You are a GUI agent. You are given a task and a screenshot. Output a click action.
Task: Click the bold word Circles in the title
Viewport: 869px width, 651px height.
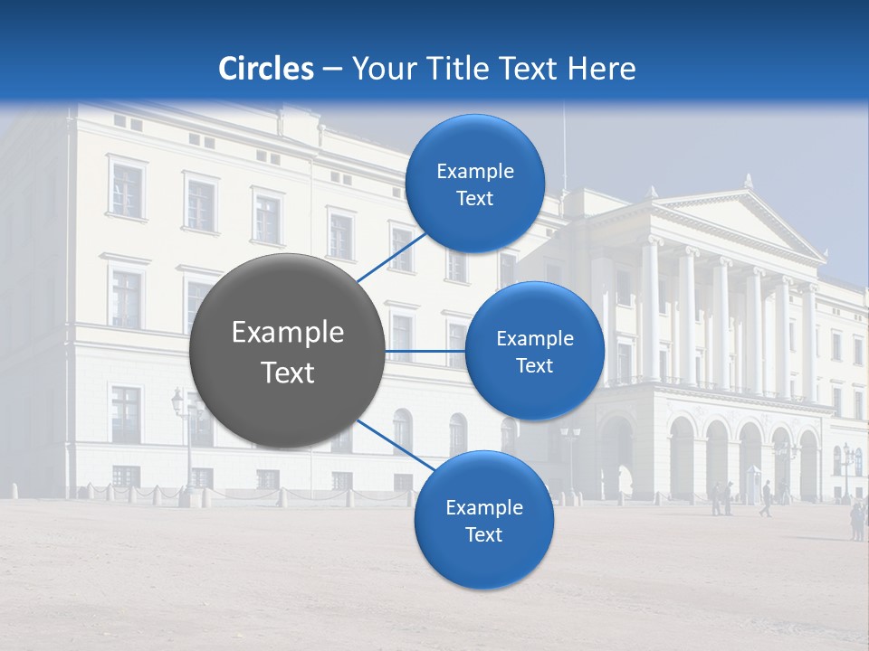tap(266, 69)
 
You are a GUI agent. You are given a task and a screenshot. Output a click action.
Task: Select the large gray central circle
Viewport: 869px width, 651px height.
tap(287, 351)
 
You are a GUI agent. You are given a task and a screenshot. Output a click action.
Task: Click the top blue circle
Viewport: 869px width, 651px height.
tap(474, 184)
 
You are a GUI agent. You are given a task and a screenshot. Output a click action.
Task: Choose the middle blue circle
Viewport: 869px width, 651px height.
tap(534, 351)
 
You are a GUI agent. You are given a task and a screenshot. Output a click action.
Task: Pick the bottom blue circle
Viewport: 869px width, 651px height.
tap(483, 520)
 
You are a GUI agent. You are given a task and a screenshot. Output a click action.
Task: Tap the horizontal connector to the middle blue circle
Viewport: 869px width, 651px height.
tap(425, 351)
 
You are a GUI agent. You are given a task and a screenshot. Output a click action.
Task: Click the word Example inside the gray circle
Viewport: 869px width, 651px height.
tap(288, 333)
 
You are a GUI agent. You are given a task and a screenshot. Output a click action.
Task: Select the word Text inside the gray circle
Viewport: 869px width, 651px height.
tap(288, 373)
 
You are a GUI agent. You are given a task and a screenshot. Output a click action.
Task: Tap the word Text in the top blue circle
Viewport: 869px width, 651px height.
tap(474, 199)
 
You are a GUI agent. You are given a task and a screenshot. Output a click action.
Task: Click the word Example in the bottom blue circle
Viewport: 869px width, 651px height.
tap(483, 507)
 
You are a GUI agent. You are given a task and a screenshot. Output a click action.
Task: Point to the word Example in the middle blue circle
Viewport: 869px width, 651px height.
tap(534, 339)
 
